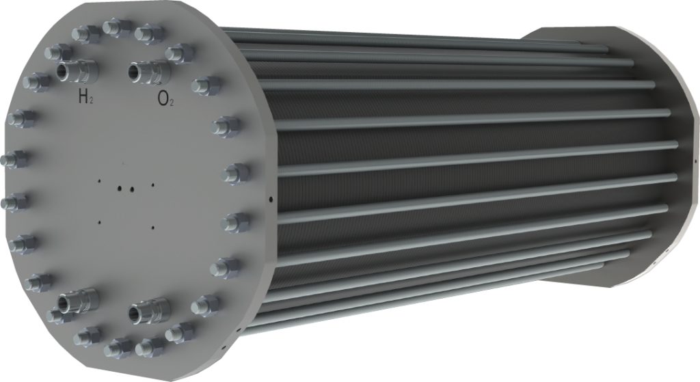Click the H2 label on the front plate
point(85,96)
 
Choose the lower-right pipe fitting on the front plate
point(149,309)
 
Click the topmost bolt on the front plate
point(117,27)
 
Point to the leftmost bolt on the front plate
point(15,159)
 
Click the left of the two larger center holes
point(120,189)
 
